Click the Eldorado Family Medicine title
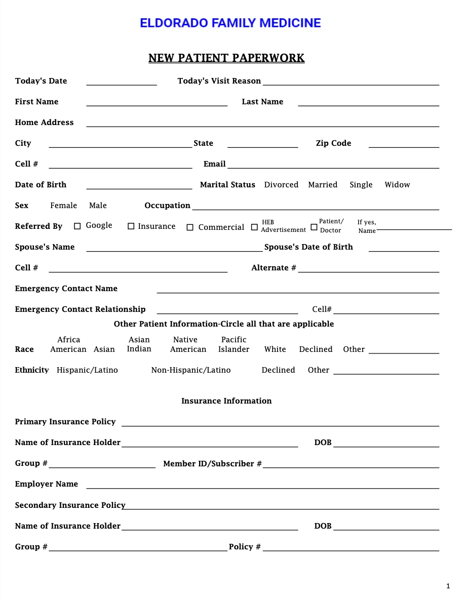[x=230, y=23]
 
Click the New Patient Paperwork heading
[x=226, y=58]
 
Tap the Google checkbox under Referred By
[x=78, y=226]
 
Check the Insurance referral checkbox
[x=131, y=226]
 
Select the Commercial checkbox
[x=190, y=227]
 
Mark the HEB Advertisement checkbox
[x=254, y=227]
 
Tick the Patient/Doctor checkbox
[x=314, y=227]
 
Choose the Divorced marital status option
[x=281, y=185]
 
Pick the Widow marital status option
[x=397, y=185]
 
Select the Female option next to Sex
[x=64, y=206]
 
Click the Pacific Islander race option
[x=234, y=345]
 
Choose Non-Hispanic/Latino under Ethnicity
[x=191, y=370]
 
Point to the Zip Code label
[x=333, y=143]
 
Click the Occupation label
[x=167, y=206]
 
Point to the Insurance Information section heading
[x=226, y=401]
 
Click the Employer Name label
[x=47, y=484]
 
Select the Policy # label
[x=245, y=547]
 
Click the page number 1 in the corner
[x=448, y=586]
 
